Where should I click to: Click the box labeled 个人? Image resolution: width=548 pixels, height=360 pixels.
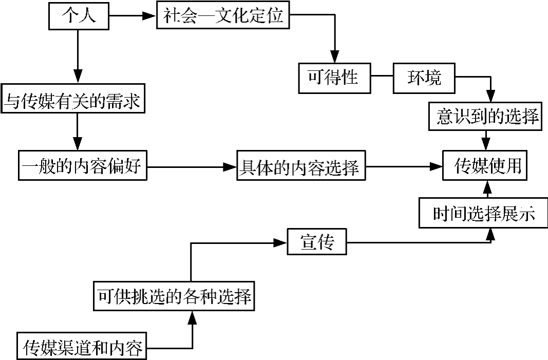tap(79, 17)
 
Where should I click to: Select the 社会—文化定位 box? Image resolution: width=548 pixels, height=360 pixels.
tap(223, 17)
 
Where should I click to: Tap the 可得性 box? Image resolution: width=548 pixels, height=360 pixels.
tap(335, 79)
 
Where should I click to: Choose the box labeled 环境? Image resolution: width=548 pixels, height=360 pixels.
tap(424, 79)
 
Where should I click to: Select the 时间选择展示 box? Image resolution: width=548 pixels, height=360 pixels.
tap(483, 213)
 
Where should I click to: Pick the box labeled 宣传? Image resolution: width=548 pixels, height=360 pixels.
tap(317, 242)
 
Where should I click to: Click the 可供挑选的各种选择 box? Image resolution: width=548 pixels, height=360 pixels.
tap(175, 296)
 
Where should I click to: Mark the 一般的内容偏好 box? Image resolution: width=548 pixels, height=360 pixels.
tap(82, 166)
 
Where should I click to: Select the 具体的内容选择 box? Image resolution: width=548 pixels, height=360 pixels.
tap(301, 166)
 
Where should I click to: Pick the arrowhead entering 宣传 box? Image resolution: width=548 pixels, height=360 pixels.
tap(280, 242)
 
